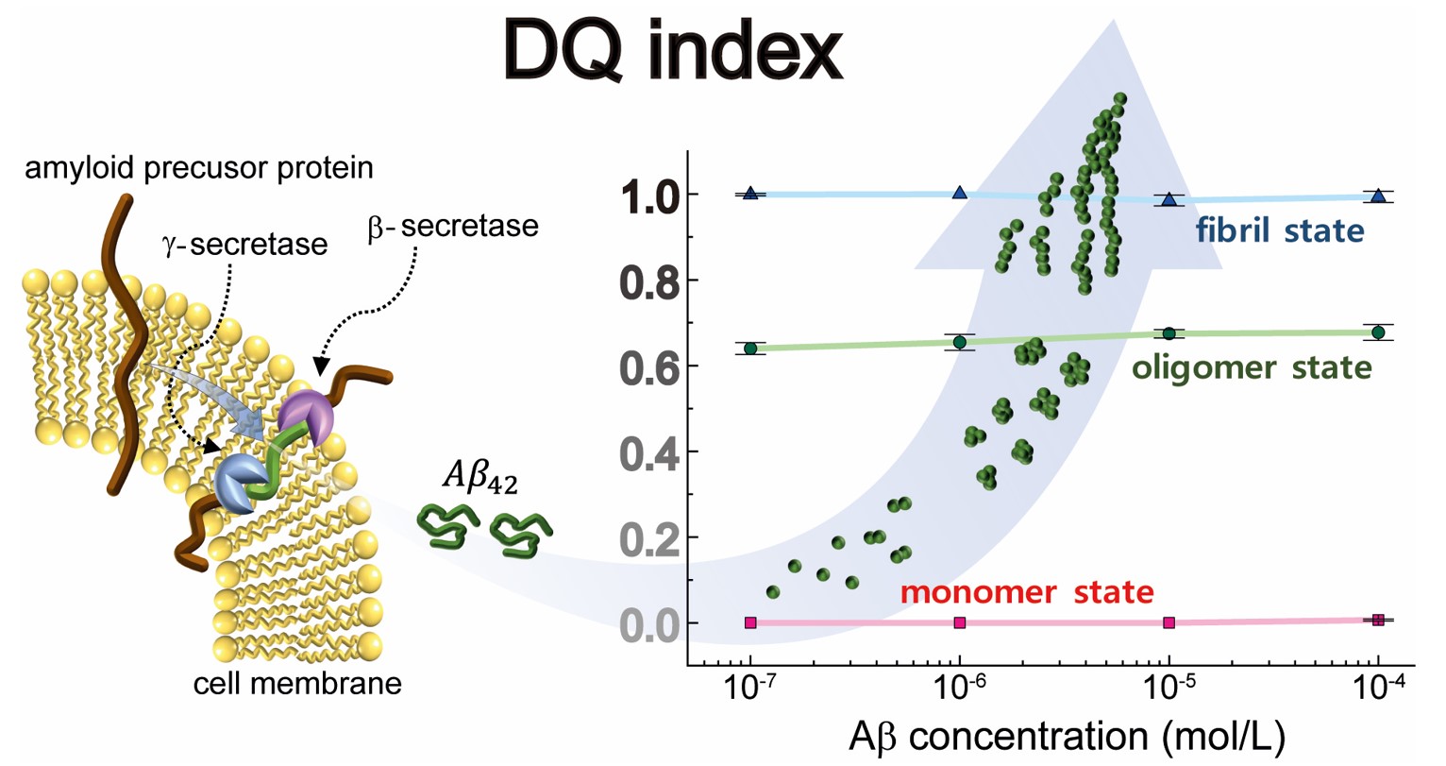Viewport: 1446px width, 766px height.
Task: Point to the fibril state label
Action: tap(1279, 230)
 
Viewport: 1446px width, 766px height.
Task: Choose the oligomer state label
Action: tap(1252, 366)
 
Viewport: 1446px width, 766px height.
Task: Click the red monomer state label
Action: tap(1026, 592)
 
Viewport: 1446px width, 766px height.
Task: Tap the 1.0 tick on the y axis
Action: tap(651, 196)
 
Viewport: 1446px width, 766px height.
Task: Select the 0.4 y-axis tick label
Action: tap(651, 452)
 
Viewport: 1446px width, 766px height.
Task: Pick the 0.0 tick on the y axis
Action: tap(651, 624)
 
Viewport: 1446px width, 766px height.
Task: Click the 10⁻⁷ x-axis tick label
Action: tap(751, 691)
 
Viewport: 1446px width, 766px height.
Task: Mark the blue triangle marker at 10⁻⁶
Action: tap(960, 193)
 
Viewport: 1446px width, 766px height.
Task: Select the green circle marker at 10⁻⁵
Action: tap(1169, 333)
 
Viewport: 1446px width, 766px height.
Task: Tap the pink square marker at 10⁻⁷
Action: tap(750, 622)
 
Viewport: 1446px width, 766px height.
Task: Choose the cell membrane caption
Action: tap(297, 683)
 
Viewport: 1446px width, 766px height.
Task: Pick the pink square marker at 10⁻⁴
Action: tap(1378, 621)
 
